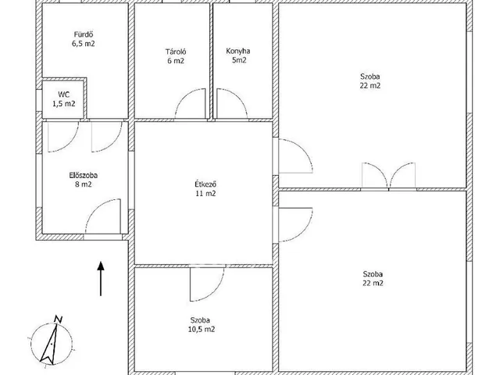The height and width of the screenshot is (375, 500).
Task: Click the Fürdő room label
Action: (x=84, y=34)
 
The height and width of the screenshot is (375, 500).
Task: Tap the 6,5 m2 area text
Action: (x=84, y=44)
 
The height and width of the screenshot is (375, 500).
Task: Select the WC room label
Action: (x=64, y=95)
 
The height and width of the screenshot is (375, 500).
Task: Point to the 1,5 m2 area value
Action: (x=64, y=104)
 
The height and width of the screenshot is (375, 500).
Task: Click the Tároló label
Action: (x=176, y=52)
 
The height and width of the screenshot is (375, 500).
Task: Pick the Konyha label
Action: (x=238, y=51)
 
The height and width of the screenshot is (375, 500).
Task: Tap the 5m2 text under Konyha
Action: (x=239, y=60)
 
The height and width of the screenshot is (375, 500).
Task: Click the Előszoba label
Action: (x=84, y=175)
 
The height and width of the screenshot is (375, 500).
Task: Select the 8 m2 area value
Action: (x=84, y=184)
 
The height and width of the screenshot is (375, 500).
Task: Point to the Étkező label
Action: (x=205, y=184)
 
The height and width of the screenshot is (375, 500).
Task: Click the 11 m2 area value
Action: (x=205, y=193)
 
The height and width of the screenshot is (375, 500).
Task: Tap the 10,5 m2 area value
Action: (x=202, y=329)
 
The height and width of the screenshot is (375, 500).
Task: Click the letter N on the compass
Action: (x=58, y=319)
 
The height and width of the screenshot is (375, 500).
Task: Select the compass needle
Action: (x=49, y=344)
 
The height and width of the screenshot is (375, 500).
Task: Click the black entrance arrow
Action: (x=101, y=279)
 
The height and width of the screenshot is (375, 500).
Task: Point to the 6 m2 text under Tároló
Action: (x=176, y=61)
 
